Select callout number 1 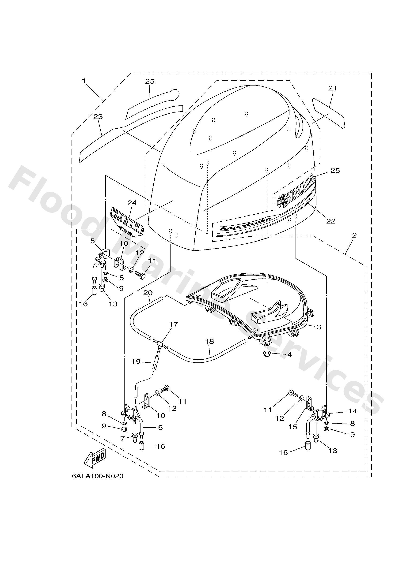pos(84,81)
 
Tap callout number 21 pos(333,88)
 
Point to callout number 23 pos(98,116)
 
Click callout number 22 pos(331,221)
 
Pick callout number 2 pos(354,235)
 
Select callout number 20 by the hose pos(148,293)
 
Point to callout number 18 pos(209,341)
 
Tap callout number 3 pos(319,327)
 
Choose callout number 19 pos(137,362)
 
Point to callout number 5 pos(93,241)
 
